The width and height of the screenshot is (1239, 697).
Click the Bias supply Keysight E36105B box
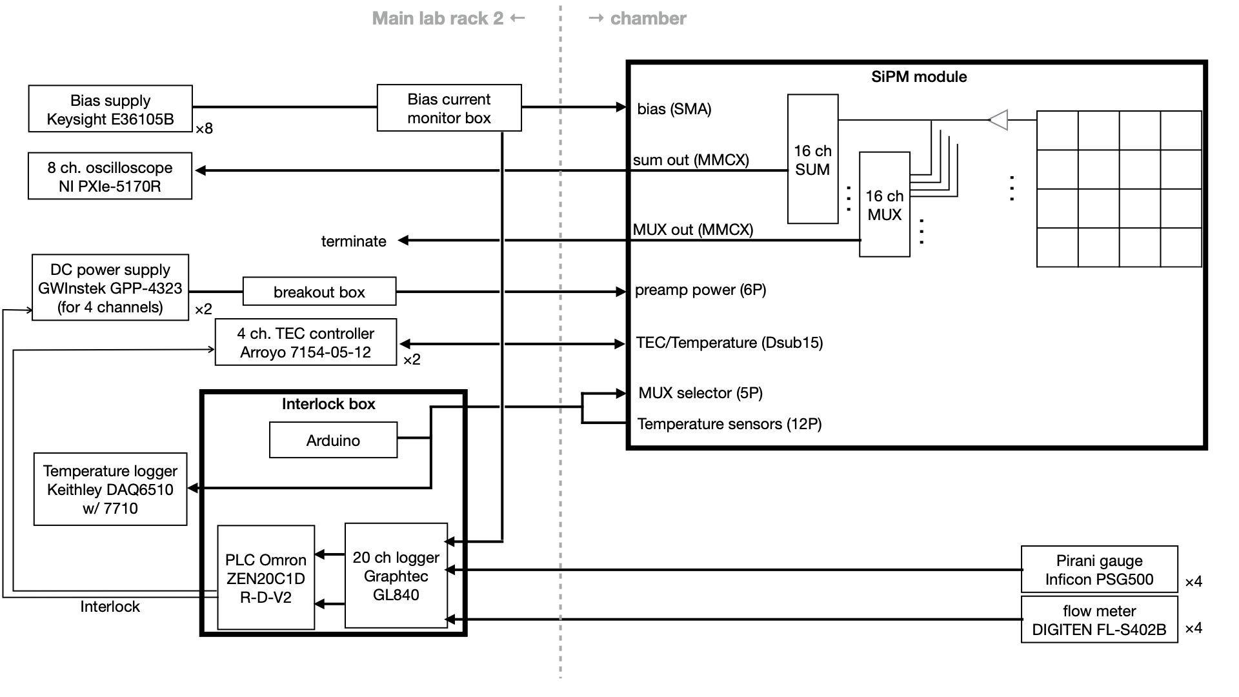tap(110, 109)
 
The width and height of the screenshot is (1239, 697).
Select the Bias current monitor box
tap(449, 108)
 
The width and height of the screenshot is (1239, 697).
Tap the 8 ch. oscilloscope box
tap(110, 176)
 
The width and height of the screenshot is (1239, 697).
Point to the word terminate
tap(354, 241)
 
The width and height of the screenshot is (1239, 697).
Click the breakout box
tap(319, 292)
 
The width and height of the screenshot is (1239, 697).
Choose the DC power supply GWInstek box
tap(110, 288)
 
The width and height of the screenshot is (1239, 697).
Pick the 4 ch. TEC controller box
tap(305, 343)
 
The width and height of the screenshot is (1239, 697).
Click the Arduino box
tap(333, 440)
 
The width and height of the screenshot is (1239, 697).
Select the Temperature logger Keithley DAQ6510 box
tap(110, 489)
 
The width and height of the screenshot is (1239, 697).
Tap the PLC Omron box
tap(266, 578)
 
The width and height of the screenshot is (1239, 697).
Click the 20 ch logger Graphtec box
tap(396, 576)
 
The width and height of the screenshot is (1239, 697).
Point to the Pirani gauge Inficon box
tap(1099, 570)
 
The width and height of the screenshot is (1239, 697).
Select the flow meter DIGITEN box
tap(1099, 620)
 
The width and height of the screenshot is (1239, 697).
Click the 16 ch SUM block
tap(812, 159)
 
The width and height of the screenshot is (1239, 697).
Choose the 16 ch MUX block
tap(884, 205)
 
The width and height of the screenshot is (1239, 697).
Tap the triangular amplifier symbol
tap(999, 120)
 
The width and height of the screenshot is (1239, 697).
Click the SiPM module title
tap(919, 77)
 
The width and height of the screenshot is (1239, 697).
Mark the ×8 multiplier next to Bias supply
tap(204, 129)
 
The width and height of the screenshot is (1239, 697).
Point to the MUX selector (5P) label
tap(700, 393)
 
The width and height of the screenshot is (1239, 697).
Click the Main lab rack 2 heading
tap(438, 18)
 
